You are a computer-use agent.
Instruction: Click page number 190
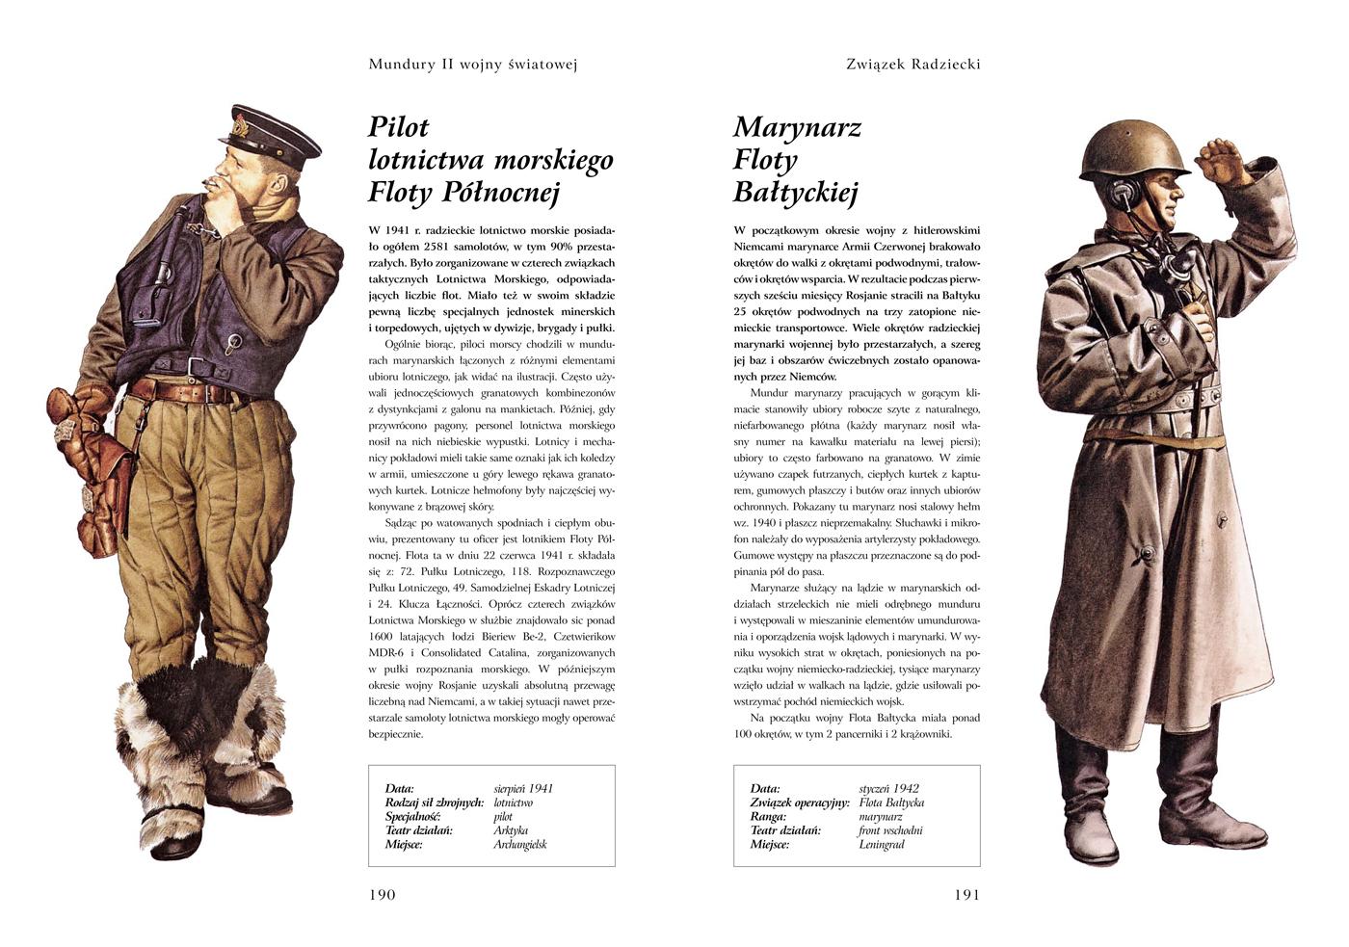click(x=382, y=894)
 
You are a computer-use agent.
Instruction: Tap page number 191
click(x=966, y=894)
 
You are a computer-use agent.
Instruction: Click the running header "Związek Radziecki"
click(x=913, y=65)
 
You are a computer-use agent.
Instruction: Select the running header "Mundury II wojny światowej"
click(x=472, y=65)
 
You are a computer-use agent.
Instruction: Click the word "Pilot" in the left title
click(x=398, y=127)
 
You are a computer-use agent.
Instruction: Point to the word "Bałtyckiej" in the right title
click(x=795, y=193)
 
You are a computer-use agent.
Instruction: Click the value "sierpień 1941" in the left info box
click(x=523, y=788)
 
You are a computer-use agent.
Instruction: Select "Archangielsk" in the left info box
click(x=519, y=844)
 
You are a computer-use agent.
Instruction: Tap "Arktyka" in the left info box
click(x=511, y=830)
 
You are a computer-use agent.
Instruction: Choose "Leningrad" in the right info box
click(x=881, y=844)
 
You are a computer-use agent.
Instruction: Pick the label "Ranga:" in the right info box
click(x=769, y=816)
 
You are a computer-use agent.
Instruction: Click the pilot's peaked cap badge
click(x=239, y=125)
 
